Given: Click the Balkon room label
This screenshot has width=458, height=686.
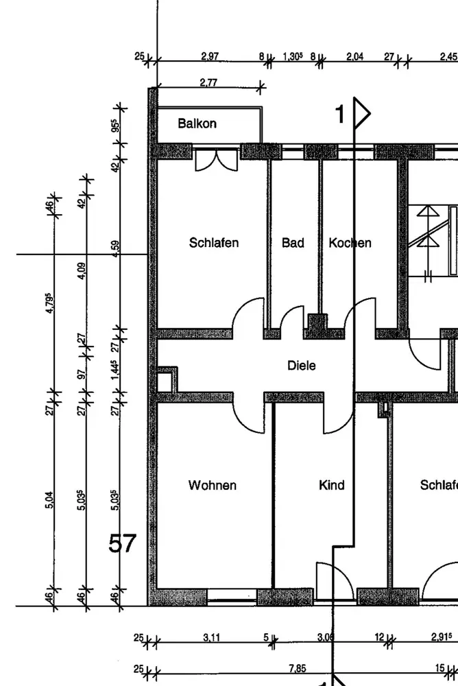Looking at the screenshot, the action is (x=197, y=123).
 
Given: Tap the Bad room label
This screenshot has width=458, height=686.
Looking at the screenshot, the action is (x=293, y=243).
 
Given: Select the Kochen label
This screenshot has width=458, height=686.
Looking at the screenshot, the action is (x=350, y=243).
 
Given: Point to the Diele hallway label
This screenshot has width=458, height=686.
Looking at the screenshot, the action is (x=302, y=366).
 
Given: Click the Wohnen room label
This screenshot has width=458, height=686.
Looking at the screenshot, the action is (x=213, y=486).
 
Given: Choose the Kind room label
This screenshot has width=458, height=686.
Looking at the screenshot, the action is (x=331, y=486).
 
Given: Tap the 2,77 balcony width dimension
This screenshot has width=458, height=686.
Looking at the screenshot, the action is (x=208, y=82).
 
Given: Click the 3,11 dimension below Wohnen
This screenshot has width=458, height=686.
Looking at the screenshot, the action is (x=212, y=638).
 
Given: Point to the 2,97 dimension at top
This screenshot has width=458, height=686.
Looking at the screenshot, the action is (x=210, y=56).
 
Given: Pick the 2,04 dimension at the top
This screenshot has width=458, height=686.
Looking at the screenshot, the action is (x=354, y=56).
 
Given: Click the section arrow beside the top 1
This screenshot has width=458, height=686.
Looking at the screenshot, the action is (x=361, y=113).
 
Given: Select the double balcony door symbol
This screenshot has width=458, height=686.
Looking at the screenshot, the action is (x=215, y=160).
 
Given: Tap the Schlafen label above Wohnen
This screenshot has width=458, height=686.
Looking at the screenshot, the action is (x=213, y=243).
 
